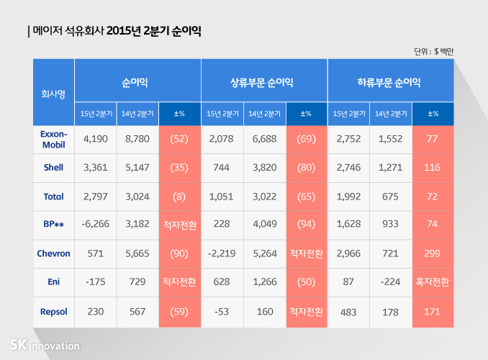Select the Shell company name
[53, 168]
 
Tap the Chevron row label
[53, 254]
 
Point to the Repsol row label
[53, 312]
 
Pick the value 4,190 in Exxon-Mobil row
[96, 139]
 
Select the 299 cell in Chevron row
[433, 254]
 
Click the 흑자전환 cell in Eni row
[433, 283]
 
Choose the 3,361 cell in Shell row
[96, 168]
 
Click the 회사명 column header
[53, 93]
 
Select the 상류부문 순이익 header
[264, 83]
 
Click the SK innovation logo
[45, 346]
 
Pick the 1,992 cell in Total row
[348, 197]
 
